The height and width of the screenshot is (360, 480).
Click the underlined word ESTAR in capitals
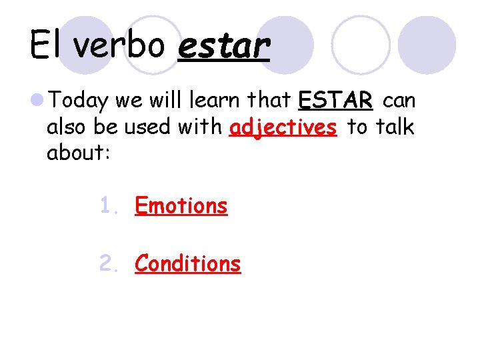[335, 101]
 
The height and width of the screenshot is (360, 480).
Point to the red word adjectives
[283, 127]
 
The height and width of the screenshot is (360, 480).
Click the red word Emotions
[181, 206]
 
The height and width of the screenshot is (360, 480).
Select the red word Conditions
[187, 264]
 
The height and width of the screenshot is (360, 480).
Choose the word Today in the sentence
[79, 101]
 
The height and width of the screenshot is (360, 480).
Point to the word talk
[397, 127]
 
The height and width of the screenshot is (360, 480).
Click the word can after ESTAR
[399, 101]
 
